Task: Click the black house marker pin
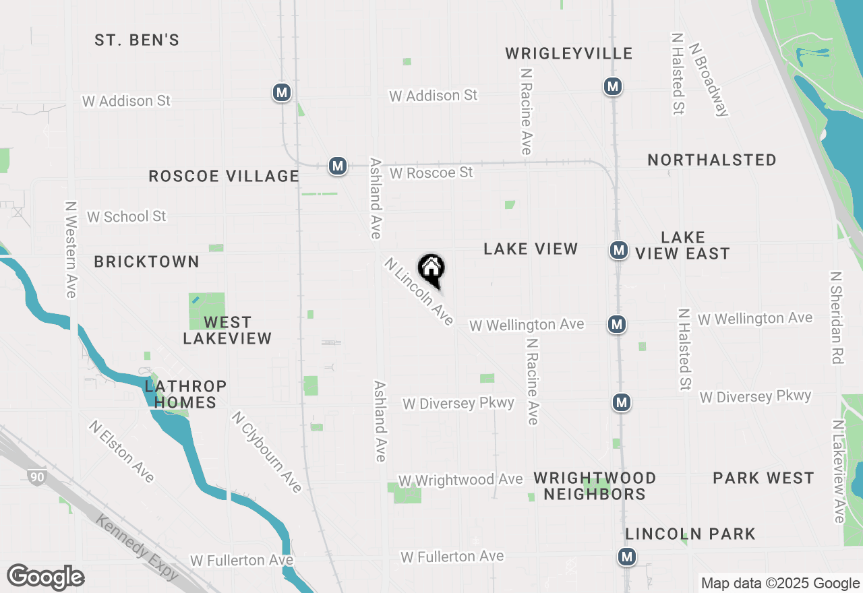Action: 431,270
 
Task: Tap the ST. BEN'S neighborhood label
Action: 137,40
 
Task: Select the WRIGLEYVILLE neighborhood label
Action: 569,54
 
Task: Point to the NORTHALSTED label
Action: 711,160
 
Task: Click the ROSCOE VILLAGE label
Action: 223,177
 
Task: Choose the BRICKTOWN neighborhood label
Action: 146,262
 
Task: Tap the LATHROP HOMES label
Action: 185,394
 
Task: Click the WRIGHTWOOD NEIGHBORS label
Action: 595,486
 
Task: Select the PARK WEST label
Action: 763,478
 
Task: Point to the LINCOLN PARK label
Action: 690,534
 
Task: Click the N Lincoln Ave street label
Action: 419,292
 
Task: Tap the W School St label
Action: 126,217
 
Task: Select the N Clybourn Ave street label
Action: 266,451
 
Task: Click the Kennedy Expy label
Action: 138,547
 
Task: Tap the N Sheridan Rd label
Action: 837,318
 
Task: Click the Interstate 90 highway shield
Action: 37,478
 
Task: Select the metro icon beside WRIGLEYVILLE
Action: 612,87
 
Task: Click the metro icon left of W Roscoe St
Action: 338,166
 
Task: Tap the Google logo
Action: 46,578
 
